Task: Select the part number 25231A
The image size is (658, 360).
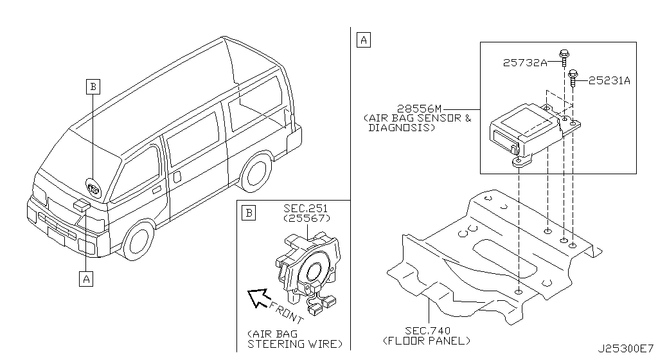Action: tap(609, 81)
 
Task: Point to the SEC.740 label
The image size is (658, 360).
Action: tap(427, 330)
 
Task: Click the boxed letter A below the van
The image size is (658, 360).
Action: tap(84, 278)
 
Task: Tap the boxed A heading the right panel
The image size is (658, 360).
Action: tap(363, 40)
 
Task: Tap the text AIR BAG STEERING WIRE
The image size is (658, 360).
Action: tap(294, 339)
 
